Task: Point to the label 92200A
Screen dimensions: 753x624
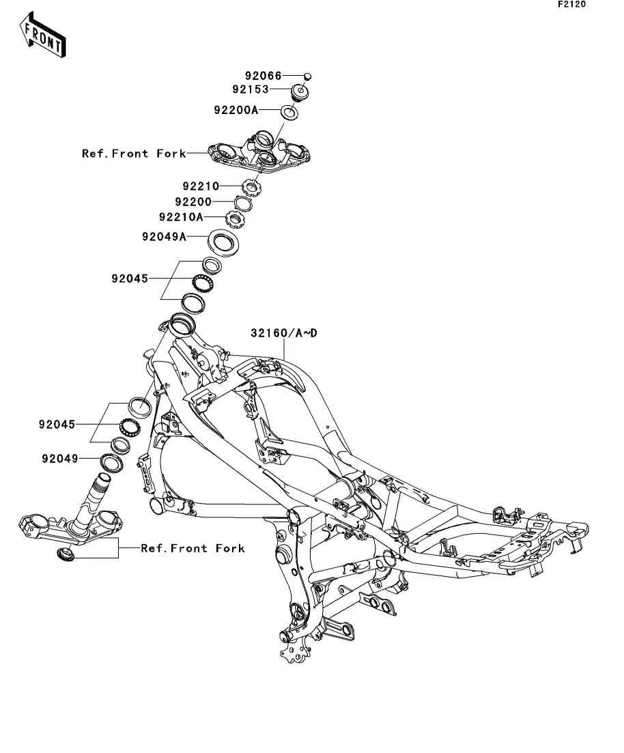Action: click(236, 109)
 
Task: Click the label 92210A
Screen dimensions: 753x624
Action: click(181, 218)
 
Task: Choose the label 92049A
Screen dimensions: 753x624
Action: click(165, 236)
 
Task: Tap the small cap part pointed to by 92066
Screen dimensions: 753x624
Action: click(307, 76)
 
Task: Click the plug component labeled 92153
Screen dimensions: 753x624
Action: click(300, 91)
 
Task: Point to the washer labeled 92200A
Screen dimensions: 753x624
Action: click(289, 112)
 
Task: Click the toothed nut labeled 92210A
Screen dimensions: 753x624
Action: click(236, 220)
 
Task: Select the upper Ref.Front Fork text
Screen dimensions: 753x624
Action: click(134, 154)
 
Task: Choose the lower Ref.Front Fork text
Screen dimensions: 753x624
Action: click(193, 548)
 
